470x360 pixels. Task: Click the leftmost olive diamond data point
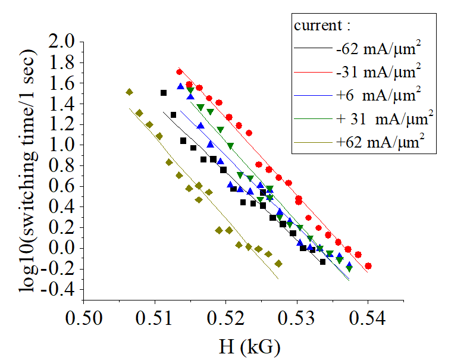click(129, 92)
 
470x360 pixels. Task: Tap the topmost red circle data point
click(180, 72)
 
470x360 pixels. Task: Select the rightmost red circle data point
click(368, 266)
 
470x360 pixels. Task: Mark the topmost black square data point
click(164, 93)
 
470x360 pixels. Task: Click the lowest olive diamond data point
click(278, 264)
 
